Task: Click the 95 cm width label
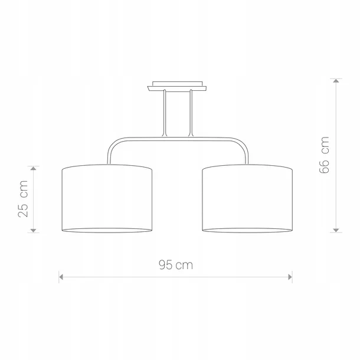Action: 176,265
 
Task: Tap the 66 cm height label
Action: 324,155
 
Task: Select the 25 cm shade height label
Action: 23,199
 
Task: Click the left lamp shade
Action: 107,198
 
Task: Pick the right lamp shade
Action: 247,198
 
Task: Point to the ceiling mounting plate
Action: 177,86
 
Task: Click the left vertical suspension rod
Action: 165,113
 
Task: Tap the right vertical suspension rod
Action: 191,113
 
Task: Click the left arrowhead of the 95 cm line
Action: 61,277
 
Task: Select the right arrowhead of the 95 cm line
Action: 290,277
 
